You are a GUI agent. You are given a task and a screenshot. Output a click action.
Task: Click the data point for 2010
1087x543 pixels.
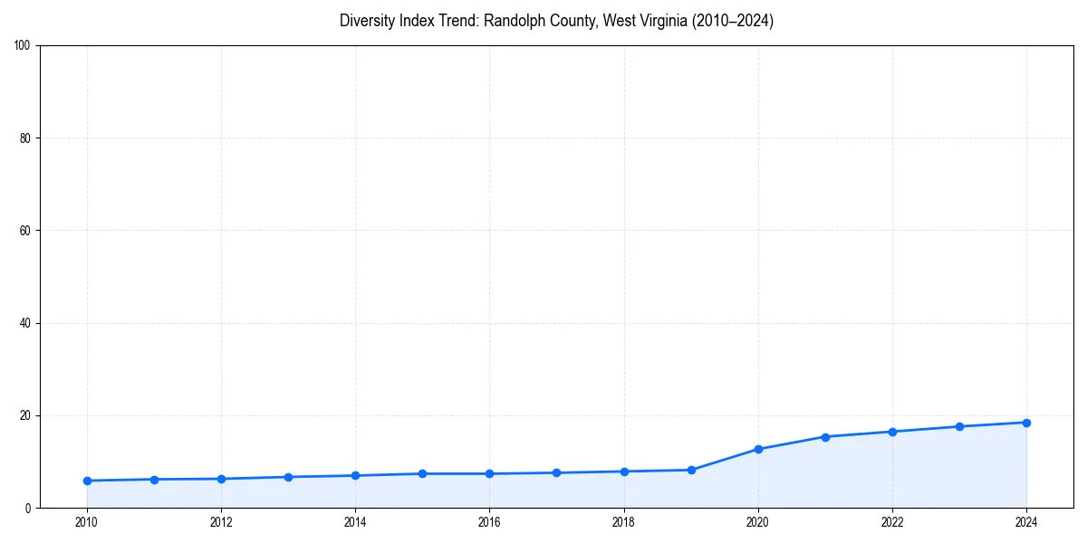[x=87, y=481]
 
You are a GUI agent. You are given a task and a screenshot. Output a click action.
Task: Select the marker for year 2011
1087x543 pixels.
[x=154, y=480]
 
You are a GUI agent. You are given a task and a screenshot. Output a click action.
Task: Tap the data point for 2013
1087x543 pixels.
[x=288, y=477]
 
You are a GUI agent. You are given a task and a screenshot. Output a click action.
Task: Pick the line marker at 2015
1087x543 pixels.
[x=422, y=473]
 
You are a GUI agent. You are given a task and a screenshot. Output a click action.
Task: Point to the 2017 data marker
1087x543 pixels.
[x=556, y=472]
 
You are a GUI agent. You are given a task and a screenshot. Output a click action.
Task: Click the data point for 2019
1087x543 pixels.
[x=691, y=470]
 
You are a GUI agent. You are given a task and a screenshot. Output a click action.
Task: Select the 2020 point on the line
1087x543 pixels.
[x=758, y=449]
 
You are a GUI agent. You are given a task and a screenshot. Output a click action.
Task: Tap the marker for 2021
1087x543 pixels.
[x=825, y=436]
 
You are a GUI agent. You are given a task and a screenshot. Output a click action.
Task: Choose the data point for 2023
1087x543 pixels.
[x=959, y=426]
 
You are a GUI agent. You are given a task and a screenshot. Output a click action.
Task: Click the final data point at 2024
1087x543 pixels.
[x=1026, y=423]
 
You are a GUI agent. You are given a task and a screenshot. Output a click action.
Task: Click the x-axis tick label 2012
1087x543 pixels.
[x=221, y=522]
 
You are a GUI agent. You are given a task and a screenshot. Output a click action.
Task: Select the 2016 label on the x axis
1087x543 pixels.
[x=489, y=522]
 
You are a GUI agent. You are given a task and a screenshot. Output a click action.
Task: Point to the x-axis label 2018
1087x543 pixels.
[x=624, y=522]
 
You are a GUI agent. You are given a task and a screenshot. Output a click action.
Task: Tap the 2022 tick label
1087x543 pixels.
[x=892, y=522]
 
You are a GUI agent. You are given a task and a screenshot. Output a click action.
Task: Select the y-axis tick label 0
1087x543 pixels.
[x=29, y=508]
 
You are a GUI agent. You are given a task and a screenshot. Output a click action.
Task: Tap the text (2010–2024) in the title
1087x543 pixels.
[x=733, y=21]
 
